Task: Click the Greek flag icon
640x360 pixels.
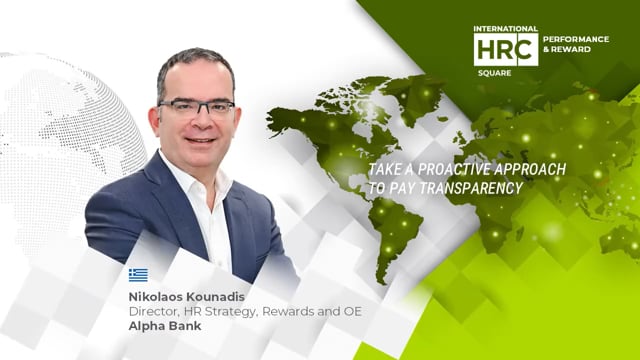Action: pyautogui.click(x=138, y=275)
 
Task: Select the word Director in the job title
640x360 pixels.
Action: pyautogui.click(x=152, y=310)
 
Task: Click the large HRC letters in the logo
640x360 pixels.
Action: pyautogui.click(x=505, y=48)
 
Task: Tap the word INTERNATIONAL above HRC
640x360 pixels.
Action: pyautogui.click(x=506, y=29)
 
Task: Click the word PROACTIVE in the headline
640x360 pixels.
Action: pyautogui.click(x=441, y=169)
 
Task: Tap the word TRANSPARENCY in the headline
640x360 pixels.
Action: pyautogui.click(x=461, y=186)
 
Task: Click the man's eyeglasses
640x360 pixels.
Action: pyautogui.click(x=197, y=107)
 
